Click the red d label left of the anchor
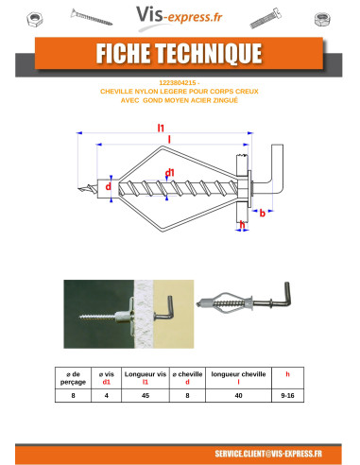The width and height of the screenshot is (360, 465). pos(108,186)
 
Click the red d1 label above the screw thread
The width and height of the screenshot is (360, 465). pos(170,172)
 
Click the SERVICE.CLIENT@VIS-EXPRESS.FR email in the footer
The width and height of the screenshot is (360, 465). pos(268,453)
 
